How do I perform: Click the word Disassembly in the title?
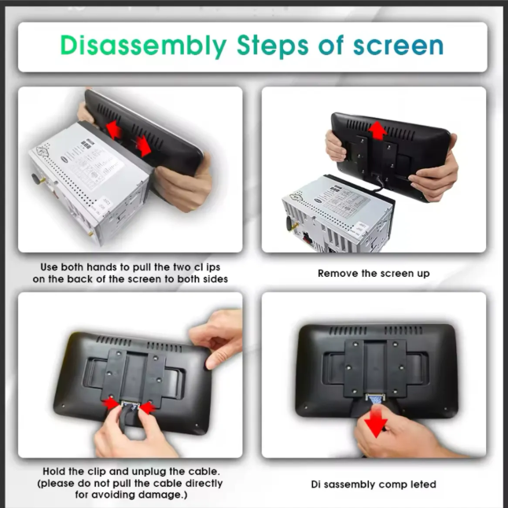pos(143,46)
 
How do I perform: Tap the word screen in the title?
pos(398,46)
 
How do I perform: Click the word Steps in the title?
pos(272,46)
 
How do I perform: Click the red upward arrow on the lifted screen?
pos(377,130)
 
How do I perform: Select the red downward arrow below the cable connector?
pos(376,421)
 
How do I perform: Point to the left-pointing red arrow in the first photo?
pos(114,129)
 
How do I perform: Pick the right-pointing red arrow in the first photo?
pos(144,145)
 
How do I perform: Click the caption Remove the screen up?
pos(374,274)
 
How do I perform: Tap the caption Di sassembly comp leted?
pos(374,484)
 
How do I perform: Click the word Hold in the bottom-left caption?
pos(54,471)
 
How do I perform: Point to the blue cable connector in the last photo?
pos(375,399)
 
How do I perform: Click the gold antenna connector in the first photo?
pos(91,234)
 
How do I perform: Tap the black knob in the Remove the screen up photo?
pos(288,223)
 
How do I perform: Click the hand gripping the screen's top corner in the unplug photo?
pos(216,337)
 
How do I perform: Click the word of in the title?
pos(331,46)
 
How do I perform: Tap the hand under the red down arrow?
pos(402,436)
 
